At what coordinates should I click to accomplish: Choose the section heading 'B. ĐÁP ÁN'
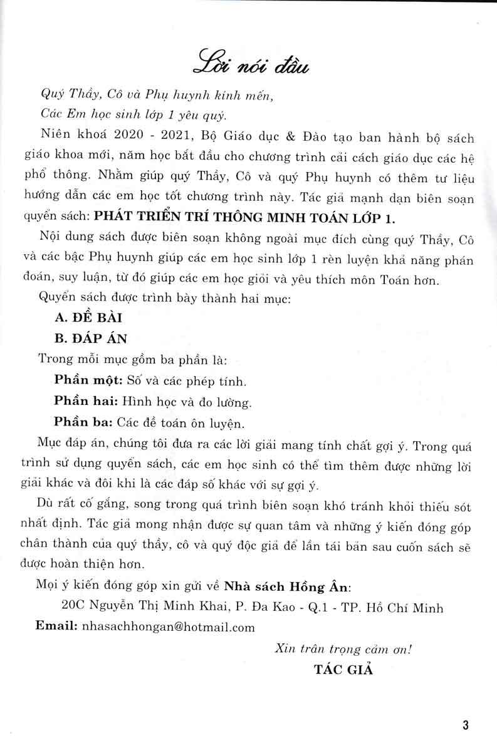pos(91,339)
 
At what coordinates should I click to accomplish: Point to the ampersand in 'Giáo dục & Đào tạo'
pos(290,136)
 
